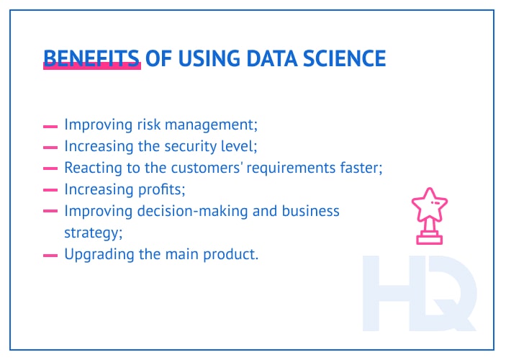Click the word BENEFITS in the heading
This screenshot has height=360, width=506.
pos(91,58)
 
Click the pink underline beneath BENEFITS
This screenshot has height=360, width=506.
pos(91,67)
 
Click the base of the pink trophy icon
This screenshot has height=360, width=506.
pos(430,239)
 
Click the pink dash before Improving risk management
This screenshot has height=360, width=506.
pos(50,125)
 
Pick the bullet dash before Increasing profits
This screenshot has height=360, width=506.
pos(50,190)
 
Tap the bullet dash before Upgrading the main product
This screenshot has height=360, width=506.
pos(50,255)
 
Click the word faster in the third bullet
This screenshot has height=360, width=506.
pos(359,168)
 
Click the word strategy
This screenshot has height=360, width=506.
pos(91,233)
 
